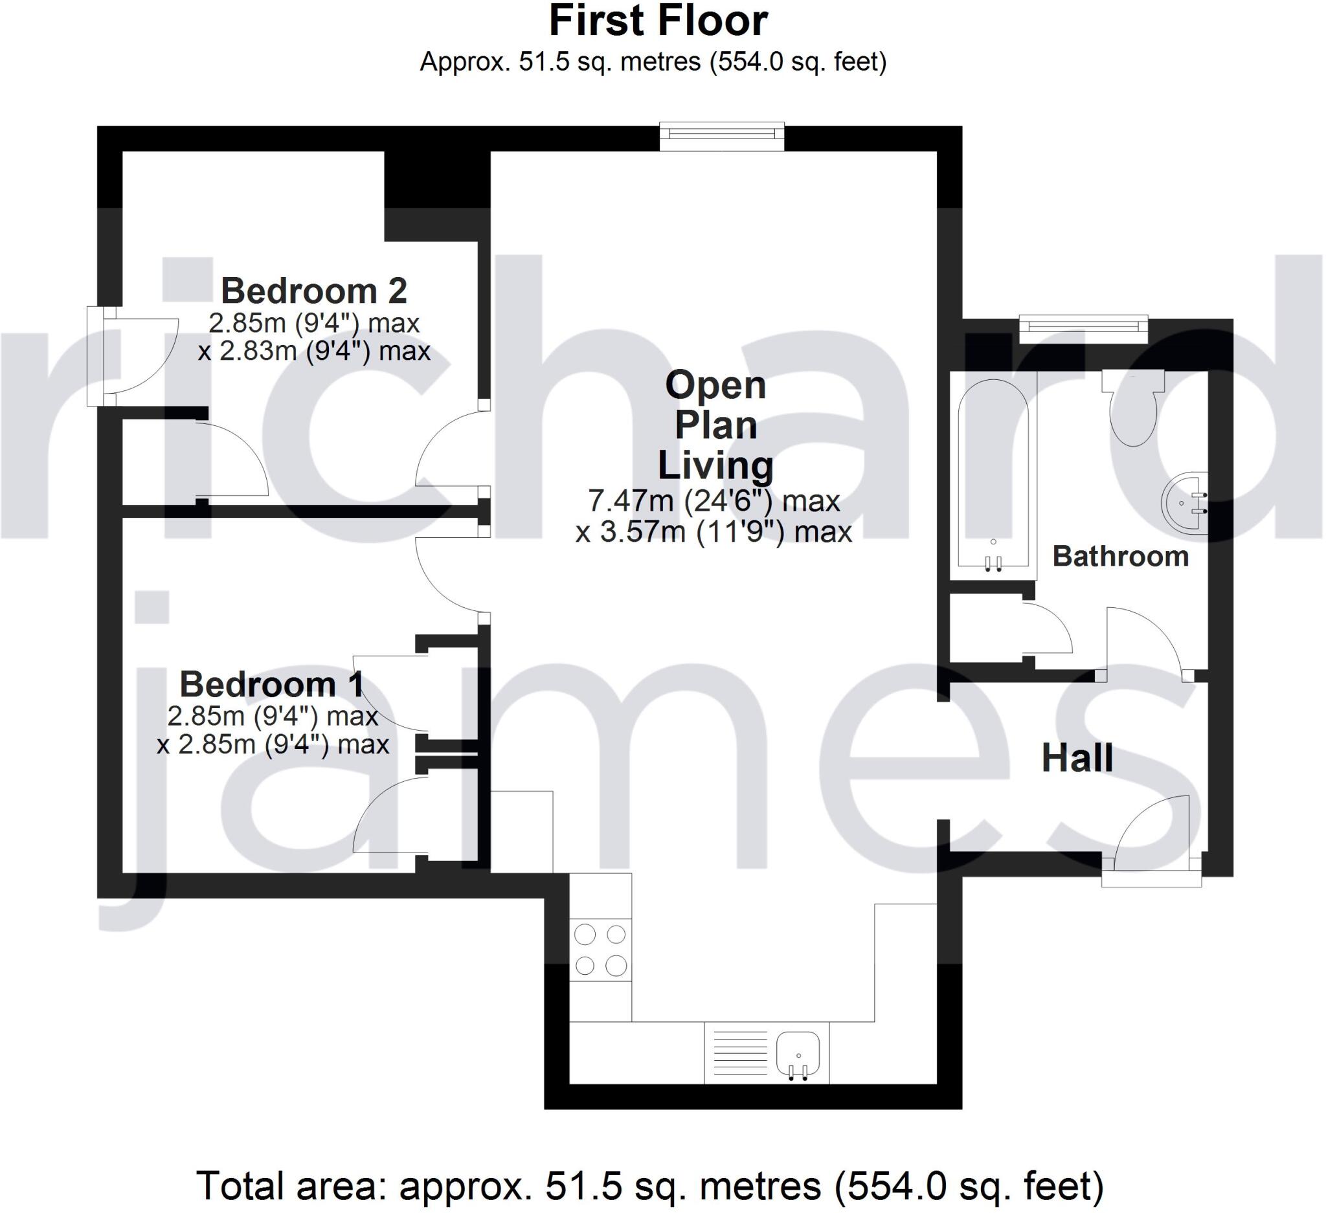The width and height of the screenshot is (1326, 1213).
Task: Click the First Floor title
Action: (x=658, y=21)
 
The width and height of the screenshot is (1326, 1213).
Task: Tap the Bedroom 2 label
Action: (x=314, y=291)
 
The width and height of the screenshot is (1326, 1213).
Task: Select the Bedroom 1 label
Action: (x=272, y=684)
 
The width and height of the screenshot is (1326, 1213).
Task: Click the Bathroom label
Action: (x=1121, y=557)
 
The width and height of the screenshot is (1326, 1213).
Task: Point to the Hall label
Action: (x=1077, y=758)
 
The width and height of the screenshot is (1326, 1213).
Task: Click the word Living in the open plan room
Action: (x=715, y=465)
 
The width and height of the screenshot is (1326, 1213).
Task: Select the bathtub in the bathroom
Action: (x=993, y=473)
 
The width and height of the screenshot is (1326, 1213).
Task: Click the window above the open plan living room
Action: (x=722, y=134)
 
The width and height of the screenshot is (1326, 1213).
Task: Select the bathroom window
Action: (x=1083, y=328)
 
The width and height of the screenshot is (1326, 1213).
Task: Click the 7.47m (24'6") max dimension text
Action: (x=714, y=502)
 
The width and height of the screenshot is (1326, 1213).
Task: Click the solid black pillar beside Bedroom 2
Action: (x=437, y=194)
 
